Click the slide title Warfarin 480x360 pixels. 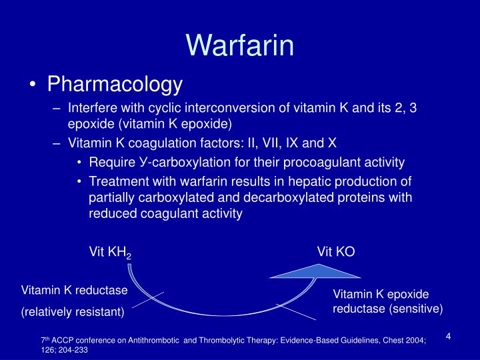click(240, 45)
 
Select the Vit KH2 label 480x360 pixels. click(110, 252)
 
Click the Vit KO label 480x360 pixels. click(336, 251)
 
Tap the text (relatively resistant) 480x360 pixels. click(73, 311)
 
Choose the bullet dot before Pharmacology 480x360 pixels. click(34, 85)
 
